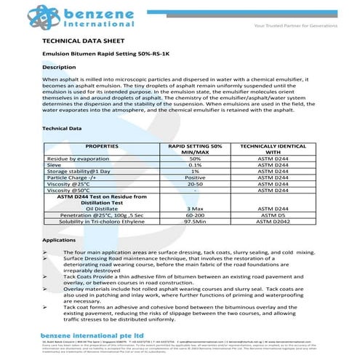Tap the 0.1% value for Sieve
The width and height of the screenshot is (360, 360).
(194, 165)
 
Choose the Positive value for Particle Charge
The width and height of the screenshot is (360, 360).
(194, 177)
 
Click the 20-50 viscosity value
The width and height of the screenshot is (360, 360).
(194, 184)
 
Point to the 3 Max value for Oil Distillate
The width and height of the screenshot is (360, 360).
(194, 209)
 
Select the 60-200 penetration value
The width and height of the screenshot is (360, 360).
(194, 216)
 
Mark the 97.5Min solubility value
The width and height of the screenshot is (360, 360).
(194, 222)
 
